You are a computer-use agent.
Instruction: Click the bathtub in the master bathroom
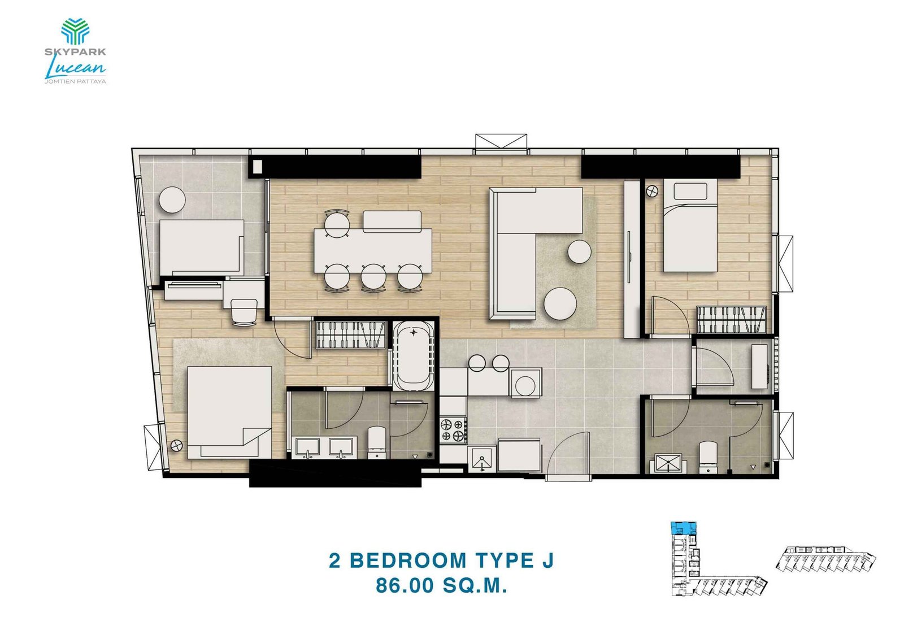[x=414, y=356]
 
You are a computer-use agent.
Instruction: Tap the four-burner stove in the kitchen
[x=453, y=429]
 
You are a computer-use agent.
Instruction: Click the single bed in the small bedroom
[x=689, y=226]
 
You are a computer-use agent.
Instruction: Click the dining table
[x=373, y=250]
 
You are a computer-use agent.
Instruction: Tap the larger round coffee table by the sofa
[x=560, y=303]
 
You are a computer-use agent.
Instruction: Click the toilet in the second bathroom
[x=708, y=457]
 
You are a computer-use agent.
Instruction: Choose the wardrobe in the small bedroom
[x=731, y=320]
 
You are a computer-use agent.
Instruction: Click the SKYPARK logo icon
[x=75, y=31]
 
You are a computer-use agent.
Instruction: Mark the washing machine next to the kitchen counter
[x=525, y=384]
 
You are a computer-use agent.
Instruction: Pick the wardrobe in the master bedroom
[x=350, y=334]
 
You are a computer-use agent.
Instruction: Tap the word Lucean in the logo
[x=75, y=68]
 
